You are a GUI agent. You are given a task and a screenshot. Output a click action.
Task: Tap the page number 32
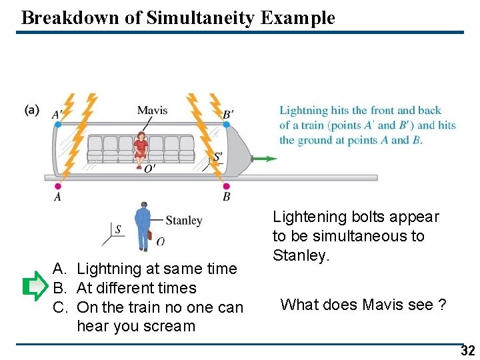pos(467,351)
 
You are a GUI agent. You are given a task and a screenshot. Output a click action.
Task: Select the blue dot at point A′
pos(58,124)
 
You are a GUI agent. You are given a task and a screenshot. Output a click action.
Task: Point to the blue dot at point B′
pos(227,125)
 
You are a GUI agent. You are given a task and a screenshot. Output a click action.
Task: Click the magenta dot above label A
pos(58,187)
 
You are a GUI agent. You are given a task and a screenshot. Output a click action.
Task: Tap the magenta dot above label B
pos(226,186)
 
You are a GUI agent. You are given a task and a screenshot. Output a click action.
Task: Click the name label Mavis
pos(152,110)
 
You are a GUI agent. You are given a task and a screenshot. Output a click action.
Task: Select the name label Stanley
pos(183,221)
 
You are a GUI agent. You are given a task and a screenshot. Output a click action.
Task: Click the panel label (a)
pos(31,110)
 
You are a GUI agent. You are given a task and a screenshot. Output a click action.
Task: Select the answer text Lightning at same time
pos(157,269)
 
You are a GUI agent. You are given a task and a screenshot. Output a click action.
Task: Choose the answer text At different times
pos(137,288)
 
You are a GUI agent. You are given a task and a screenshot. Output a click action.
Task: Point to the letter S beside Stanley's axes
pos(118,229)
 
